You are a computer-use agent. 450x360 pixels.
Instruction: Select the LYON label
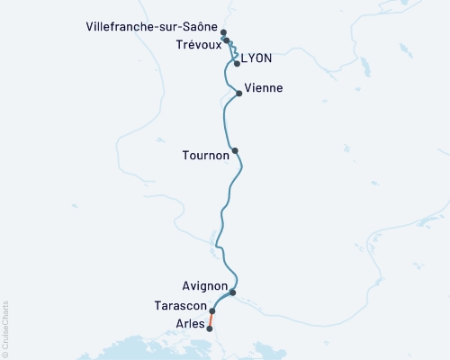(x=256, y=58)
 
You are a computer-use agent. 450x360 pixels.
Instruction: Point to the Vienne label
(x=265, y=88)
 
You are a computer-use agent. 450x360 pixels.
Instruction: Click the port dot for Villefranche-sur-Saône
(x=223, y=32)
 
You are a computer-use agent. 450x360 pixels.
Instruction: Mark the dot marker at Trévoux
(x=226, y=40)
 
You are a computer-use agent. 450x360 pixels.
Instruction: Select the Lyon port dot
(x=237, y=64)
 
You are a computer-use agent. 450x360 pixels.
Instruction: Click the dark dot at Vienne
(x=238, y=93)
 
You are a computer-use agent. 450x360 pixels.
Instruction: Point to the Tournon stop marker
(x=235, y=151)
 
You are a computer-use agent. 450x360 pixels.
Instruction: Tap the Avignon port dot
(x=232, y=292)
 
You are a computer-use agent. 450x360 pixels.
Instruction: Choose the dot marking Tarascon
(x=212, y=311)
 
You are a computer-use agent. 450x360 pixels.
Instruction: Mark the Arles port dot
(x=210, y=328)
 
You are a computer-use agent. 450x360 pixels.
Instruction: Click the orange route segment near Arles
(x=211, y=319)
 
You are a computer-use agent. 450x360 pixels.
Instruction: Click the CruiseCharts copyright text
(x=5, y=328)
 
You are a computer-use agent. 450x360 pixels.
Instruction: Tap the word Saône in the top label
(x=198, y=29)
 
